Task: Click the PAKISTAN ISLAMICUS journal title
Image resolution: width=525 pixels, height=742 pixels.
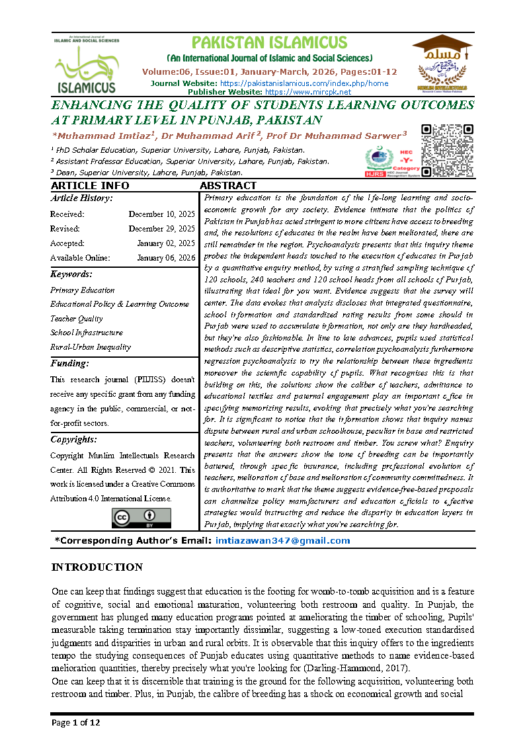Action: pos(269,43)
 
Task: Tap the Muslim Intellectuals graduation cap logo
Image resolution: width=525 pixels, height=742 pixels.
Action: pos(442,63)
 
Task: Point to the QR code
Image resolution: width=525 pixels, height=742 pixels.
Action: pos(447,150)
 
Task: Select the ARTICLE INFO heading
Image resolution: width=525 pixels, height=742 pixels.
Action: pos(90,186)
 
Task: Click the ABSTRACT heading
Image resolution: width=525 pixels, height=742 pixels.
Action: pos(227,186)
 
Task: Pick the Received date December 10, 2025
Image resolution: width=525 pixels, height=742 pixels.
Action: pos(162,214)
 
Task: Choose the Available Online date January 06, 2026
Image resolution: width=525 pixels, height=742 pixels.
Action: pos(166,258)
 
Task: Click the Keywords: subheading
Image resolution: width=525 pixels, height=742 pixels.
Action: pos(71,274)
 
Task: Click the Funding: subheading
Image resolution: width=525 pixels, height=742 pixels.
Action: pos(69,363)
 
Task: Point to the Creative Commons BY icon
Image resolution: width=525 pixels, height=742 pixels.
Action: pos(141,518)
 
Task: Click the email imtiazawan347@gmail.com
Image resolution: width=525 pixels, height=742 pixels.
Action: pos(282,541)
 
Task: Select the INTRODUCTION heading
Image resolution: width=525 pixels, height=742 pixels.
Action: pos(97,567)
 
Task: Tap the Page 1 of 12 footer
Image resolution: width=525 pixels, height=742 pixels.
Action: pos(76,722)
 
